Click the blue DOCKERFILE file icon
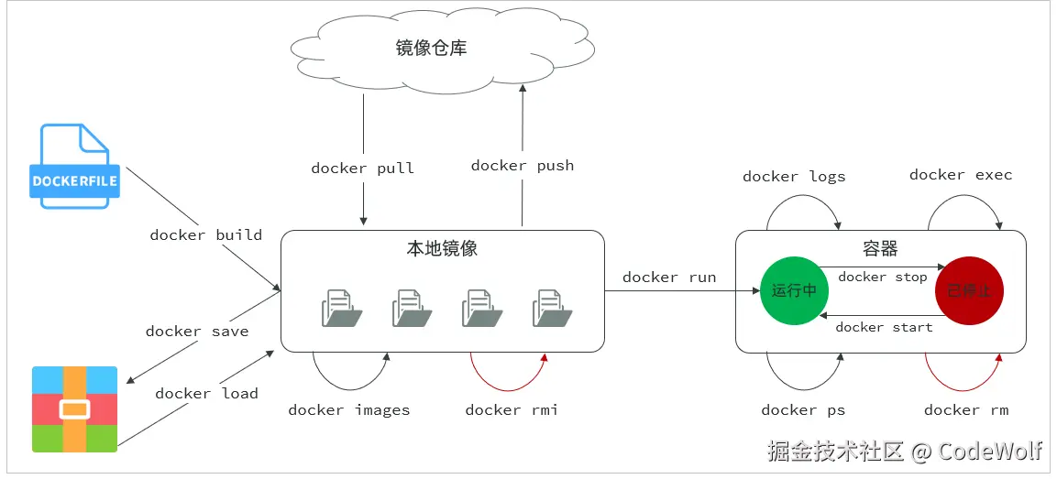tap(74, 166)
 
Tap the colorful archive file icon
tap(75, 408)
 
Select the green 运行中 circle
tap(794, 290)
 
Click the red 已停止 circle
tap(969, 290)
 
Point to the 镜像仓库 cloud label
tap(431, 48)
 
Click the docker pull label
tap(363, 168)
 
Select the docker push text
tap(523, 165)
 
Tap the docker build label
tap(206, 234)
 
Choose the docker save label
tap(197, 331)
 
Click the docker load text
tap(206, 394)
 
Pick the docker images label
tap(349, 409)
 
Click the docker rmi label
tap(512, 409)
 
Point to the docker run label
tap(669, 277)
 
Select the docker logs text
tap(794, 177)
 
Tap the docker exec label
tap(961, 175)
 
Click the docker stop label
tap(883, 277)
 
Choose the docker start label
tap(884, 327)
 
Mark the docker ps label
tap(803, 409)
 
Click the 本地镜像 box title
tap(442, 248)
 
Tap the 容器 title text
tap(880, 248)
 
